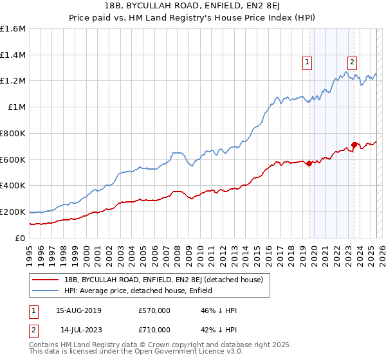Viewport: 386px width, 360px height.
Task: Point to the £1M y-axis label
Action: [x=17, y=107]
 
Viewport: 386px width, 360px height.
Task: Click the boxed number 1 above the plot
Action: [x=308, y=62]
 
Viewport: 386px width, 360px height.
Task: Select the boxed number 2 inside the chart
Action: [x=353, y=62]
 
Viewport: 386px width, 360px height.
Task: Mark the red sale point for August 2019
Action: [x=309, y=163]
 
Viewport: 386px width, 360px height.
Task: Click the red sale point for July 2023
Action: [x=354, y=145]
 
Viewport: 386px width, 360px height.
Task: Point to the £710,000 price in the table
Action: [x=154, y=329]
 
